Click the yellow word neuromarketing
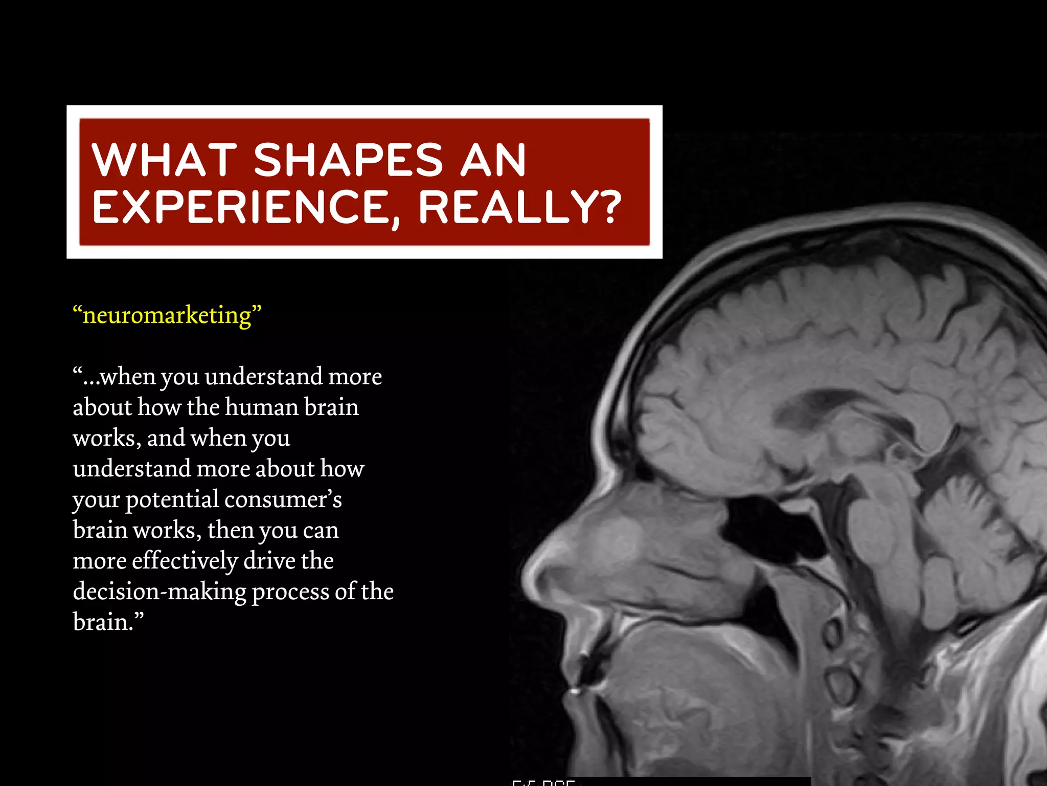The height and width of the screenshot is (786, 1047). point(167,315)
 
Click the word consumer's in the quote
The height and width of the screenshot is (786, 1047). point(283,499)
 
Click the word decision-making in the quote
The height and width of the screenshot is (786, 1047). point(160,592)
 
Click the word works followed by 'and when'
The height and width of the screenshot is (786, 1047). point(104,439)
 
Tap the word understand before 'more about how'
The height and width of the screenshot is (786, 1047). point(131,469)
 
